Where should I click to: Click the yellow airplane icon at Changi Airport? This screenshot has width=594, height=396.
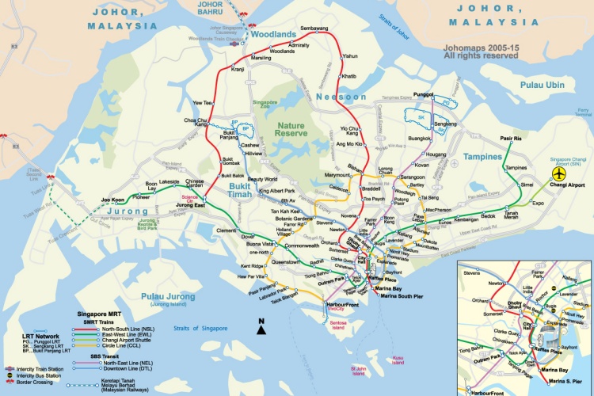pyautogui.click(x=560, y=173)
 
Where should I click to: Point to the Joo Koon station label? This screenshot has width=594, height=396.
pyautogui.click(x=112, y=200)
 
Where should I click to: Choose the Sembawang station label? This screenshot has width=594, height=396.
pyautogui.click(x=314, y=29)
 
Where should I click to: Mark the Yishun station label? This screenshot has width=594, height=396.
pyautogui.click(x=350, y=56)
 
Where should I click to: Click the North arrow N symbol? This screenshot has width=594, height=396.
pyautogui.click(x=260, y=322)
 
